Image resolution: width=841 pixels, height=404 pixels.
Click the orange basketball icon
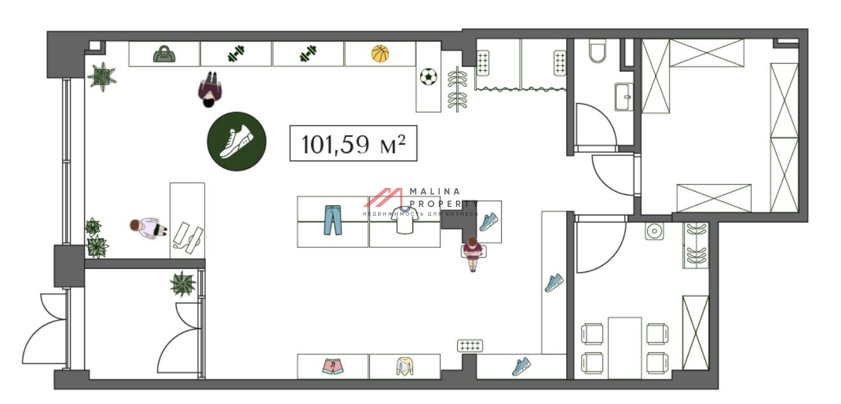(380, 54)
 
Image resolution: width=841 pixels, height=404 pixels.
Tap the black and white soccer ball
(428, 76)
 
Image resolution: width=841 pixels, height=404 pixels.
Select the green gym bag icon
(164, 54)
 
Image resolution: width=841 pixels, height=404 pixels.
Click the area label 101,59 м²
(353, 143)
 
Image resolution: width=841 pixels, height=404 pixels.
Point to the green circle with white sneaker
(237, 141)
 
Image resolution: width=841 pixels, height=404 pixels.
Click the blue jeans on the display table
(333, 220)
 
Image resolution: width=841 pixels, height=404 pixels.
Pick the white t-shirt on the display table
(405, 220)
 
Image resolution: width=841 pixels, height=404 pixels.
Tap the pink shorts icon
(333, 366)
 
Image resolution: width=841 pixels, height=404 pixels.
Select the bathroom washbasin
(624, 97)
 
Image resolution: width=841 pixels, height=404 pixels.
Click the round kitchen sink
(654, 231)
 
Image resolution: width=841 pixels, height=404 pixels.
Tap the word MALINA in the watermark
(435, 192)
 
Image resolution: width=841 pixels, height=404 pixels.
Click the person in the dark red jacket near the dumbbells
(210, 89)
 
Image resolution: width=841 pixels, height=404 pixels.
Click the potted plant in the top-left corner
(102, 77)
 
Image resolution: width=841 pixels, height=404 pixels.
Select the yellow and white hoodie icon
(405, 366)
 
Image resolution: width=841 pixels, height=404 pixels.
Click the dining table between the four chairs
(625, 348)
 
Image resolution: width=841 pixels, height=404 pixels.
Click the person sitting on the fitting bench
(472, 254)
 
